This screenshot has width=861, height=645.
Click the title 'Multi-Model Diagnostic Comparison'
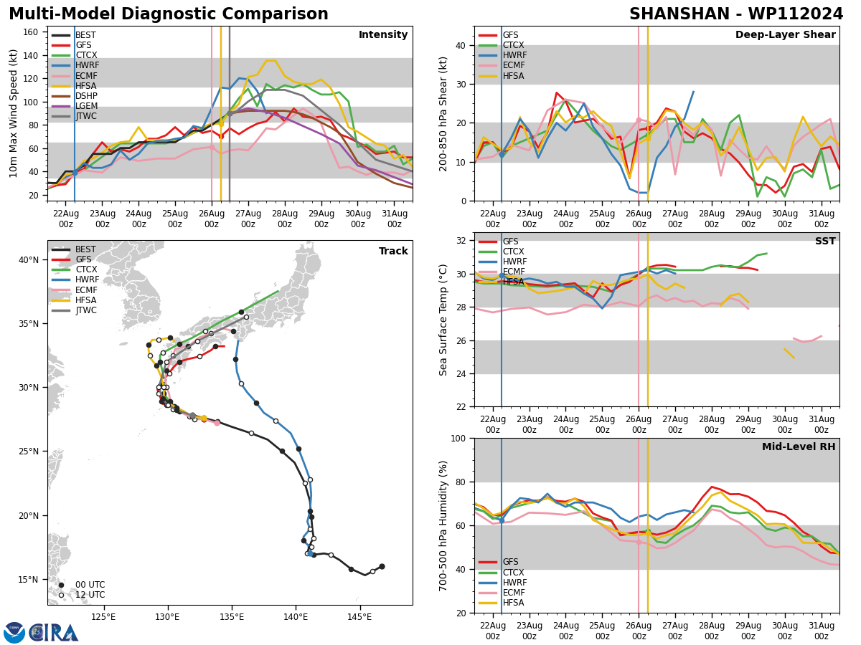169,14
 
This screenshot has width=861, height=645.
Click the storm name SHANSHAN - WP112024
736,14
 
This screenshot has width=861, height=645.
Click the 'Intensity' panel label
383,35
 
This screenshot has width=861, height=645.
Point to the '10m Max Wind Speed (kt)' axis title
14,113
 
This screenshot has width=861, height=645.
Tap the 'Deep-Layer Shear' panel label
785,35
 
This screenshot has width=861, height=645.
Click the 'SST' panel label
825,242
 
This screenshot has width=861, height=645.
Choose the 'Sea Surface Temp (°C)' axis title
444,320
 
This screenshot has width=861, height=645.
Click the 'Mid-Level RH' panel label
799,447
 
